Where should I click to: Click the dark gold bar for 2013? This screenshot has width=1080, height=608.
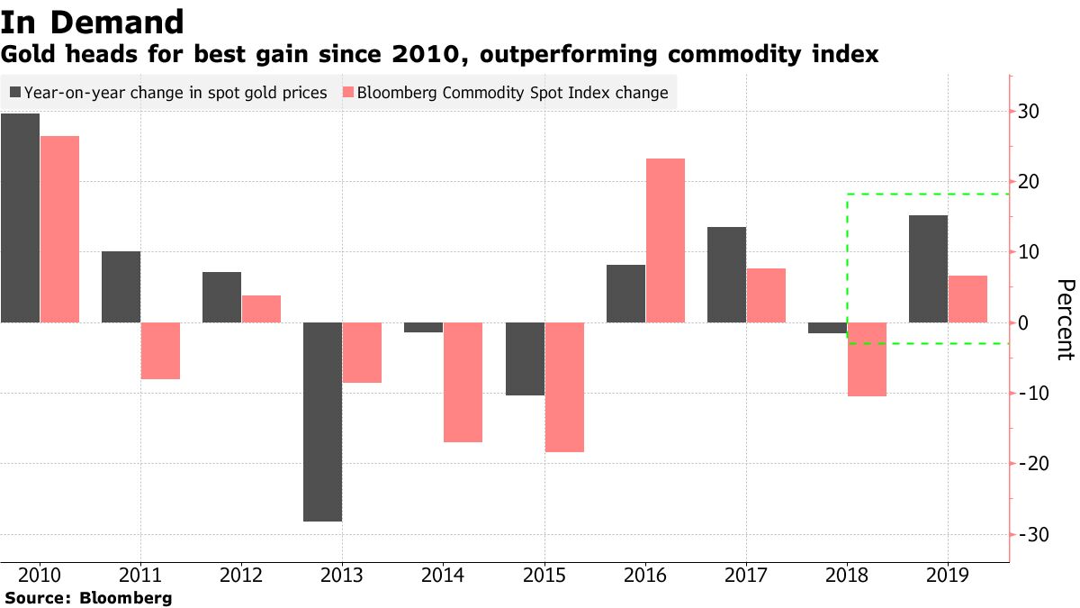(x=321, y=422)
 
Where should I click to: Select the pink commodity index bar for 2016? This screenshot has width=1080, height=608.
(x=665, y=240)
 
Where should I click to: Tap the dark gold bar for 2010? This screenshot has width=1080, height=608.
(x=20, y=218)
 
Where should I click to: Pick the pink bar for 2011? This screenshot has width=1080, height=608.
(x=160, y=350)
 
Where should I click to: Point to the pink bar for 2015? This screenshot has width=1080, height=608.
(x=564, y=387)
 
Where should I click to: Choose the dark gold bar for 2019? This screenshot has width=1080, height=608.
(x=928, y=268)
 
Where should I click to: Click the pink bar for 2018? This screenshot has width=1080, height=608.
(x=867, y=359)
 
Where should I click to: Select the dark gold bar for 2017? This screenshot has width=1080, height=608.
(x=726, y=275)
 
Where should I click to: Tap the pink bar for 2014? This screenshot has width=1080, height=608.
(x=463, y=382)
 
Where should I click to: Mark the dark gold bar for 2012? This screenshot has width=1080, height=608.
(x=221, y=297)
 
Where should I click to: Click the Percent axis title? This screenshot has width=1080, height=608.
(x=1065, y=320)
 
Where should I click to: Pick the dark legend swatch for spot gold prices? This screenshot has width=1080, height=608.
(x=15, y=92)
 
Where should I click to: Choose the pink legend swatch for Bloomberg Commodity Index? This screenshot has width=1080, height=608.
(x=346, y=92)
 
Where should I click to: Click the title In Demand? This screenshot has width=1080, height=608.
(x=93, y=22)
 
